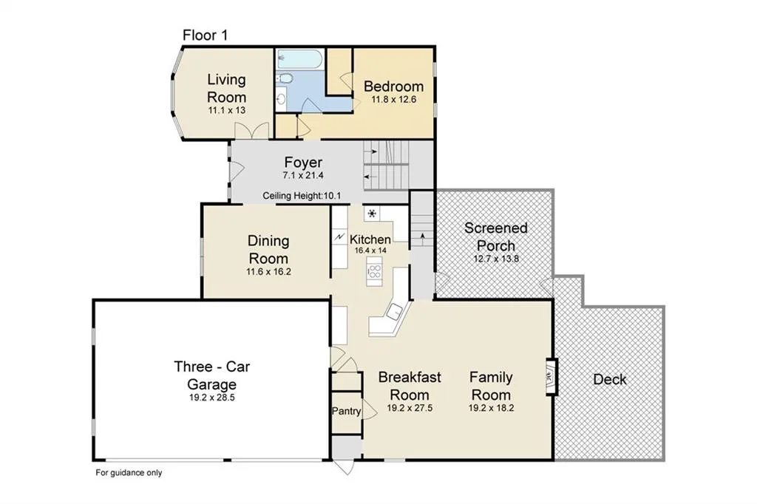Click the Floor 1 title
click(x=205, y=35)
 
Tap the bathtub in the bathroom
click(x=300, y=59)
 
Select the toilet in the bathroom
click(x=285, y=78)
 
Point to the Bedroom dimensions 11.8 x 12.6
click(x=394, y=100)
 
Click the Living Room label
click(x=227, y=88)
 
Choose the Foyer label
click(x=303, y=162)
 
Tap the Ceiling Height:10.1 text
click(x=302, y=196)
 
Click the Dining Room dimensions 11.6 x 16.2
click(x=269, y=272)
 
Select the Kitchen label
click(x=370, y=239)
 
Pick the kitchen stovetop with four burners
click(x=374, y=271)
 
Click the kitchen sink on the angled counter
click(x=394, y=311)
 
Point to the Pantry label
click(x=346, y=411)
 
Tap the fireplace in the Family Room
click(x=551, y=377)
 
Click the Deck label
click(x=610, y=379)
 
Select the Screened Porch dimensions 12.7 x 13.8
click(x=496, y=258)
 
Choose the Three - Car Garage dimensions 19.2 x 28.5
click(x=212, y=398)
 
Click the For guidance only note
click(x=129, y=473)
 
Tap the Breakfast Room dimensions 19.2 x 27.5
click(x=410, y=408)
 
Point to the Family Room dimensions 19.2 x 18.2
click(x=492, y=408)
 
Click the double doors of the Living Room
click(x=251, y=132)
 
